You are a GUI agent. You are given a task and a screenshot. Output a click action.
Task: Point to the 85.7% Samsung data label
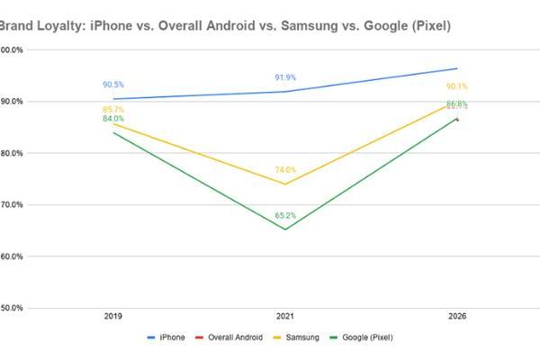coord(113,109)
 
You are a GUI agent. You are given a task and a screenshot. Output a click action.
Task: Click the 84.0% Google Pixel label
coord(113,119)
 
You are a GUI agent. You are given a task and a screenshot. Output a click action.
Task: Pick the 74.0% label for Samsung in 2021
coord(285,169)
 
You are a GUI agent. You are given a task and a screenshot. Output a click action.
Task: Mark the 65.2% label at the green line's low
coord(285,215)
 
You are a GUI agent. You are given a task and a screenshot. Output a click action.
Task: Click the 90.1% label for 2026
coord(457,86)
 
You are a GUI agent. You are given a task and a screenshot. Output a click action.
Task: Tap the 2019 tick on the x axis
coord(113,317)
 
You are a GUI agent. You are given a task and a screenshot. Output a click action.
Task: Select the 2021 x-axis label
coord(285,317)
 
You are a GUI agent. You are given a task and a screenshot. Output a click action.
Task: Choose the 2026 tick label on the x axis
coord(457,317)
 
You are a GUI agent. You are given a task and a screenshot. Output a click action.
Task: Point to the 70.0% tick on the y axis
coord(12,205)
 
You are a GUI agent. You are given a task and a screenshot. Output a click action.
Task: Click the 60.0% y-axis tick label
coord(12,256)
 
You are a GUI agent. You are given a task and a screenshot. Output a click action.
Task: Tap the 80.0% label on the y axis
coord(12,153)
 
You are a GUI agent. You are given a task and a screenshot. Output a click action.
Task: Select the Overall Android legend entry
coord(232,337)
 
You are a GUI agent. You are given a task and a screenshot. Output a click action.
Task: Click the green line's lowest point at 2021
coord(285,229)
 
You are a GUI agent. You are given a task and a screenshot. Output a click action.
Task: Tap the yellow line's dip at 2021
coord(285,184)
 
